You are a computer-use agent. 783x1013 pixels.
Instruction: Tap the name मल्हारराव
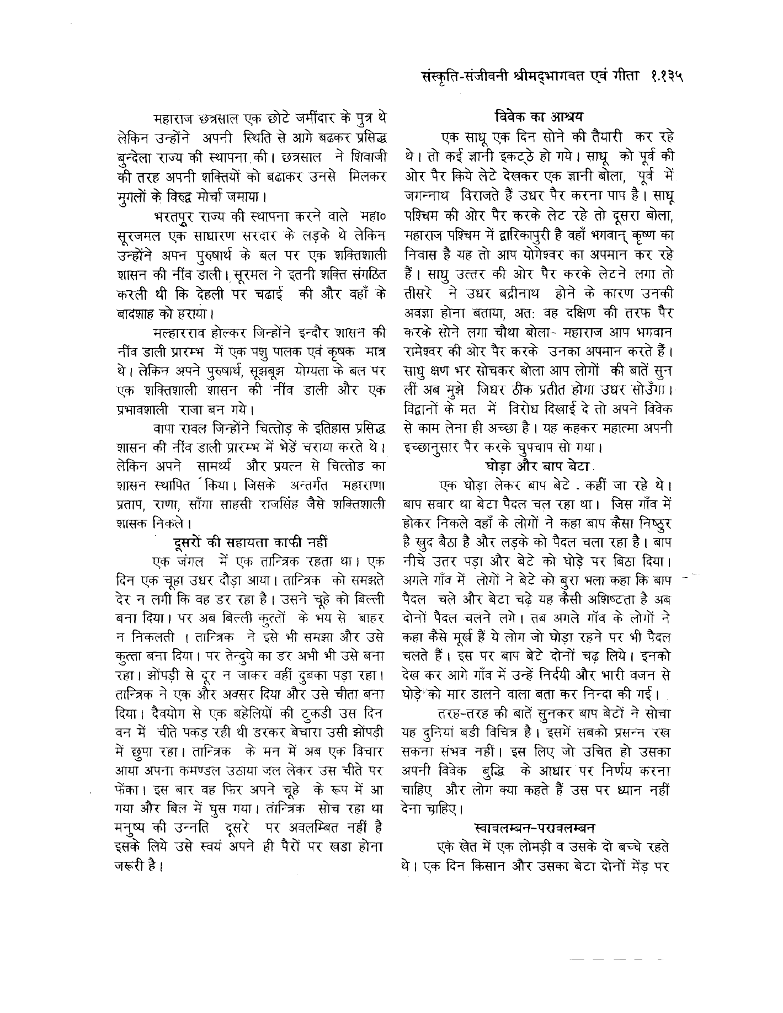coord(182,333)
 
